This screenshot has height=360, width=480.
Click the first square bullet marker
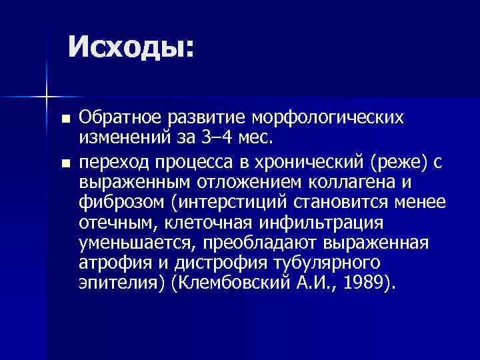(x=64, y=119)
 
